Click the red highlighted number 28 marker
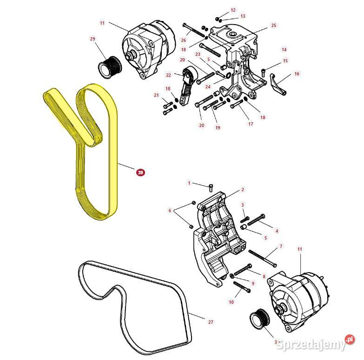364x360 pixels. point(140,172)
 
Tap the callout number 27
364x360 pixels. point(211,321)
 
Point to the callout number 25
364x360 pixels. point(273,25)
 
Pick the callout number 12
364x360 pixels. point(233,10)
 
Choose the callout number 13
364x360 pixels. point(242,16)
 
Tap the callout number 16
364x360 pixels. point(297,73)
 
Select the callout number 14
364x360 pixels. point(284,49)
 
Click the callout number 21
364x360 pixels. point(156,95)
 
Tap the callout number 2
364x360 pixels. point(242,190)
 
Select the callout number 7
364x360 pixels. point(280,246)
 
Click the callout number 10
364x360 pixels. point(231,302)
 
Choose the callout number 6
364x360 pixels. point(170,211)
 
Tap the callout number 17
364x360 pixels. point(251,124)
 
